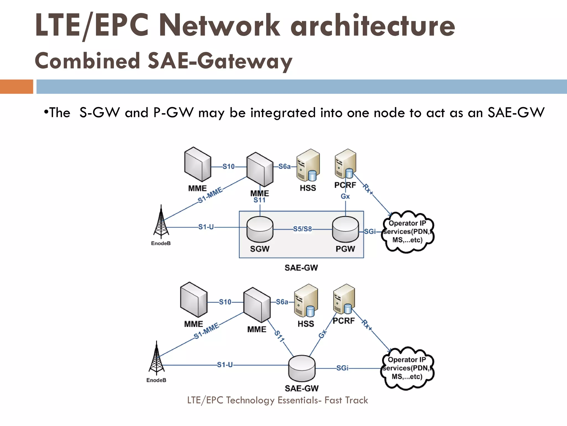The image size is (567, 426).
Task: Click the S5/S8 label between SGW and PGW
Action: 302,229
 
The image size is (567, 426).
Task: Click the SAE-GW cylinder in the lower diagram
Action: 301,368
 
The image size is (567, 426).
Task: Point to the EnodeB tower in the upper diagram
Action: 161,222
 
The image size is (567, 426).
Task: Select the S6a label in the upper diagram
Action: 285,166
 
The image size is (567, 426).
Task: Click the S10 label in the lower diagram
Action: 225,302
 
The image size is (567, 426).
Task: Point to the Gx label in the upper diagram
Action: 345,196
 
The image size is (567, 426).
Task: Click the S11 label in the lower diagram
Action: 280,336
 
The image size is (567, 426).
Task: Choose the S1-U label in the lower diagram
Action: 225,365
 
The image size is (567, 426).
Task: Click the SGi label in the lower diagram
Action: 342,368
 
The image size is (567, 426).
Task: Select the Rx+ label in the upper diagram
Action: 368,189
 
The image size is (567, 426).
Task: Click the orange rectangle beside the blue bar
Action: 16,87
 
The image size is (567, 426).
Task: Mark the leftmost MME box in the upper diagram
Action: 197,164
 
